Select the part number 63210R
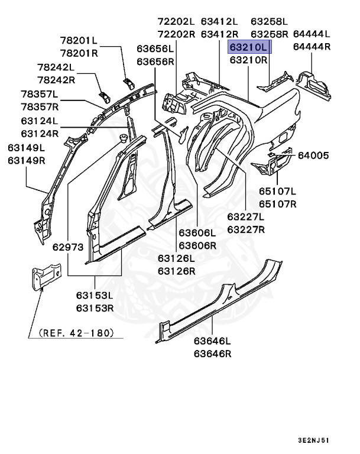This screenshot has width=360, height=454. pyautogui.click(x=249, y=60)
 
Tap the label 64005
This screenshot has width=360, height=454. pyautogui.click(x=313, y=155)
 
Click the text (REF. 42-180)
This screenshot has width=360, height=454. pyautogui.click(x=76, y=333)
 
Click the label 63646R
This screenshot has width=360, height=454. pyautogui.click(x=213, y=354)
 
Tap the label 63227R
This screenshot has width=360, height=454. pyautogui.click(x=247, y=229)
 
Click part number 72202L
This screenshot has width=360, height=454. pyautogui.click(x=176, y=21)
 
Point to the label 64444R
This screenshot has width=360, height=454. pyautogui.click(x=312, y=47)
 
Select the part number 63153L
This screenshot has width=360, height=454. pyautogui.click(x=95, y=295)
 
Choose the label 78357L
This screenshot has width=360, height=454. pyautogui.click(x=40, y=94)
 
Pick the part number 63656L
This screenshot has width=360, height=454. pyautogui.click(x=155, y=48)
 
